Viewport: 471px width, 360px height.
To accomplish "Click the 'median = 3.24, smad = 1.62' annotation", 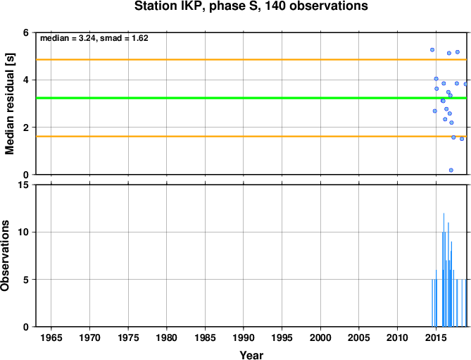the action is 94,38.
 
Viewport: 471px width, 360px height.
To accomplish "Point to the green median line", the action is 251,98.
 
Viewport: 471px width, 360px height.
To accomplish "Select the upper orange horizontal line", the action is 251,59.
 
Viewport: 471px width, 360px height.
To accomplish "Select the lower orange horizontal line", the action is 251,137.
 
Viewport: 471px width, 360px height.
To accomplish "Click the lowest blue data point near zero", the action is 451,170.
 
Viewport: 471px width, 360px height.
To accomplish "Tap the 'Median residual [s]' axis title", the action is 10,104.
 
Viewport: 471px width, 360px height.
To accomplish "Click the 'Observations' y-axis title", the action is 5,256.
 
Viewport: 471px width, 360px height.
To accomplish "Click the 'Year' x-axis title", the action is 251,355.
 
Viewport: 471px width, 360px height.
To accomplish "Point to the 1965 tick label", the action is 51,337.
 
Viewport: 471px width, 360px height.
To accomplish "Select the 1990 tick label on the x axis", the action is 244,337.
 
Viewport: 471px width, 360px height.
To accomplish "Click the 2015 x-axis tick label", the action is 436,337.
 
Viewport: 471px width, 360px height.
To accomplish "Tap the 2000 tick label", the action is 320,337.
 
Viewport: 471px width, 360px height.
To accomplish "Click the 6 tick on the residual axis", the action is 26,32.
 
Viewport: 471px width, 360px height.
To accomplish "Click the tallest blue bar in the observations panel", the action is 444,270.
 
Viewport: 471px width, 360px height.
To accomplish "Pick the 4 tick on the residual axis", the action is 26,80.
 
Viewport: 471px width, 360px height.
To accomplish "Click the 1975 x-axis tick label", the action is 128,337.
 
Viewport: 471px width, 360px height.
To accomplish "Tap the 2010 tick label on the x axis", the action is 397,337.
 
